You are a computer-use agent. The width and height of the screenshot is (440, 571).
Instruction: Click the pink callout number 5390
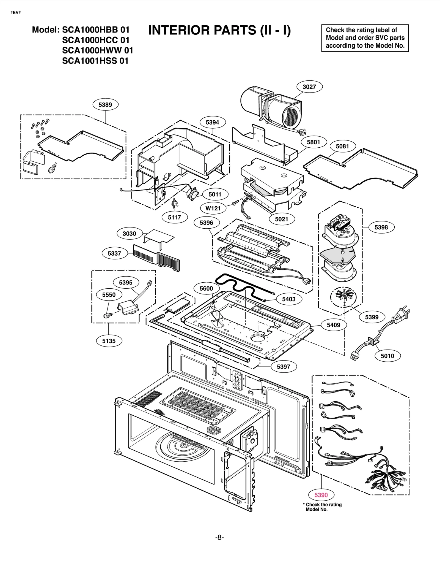(321, 495)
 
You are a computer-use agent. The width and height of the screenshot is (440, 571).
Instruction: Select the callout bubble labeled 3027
(309, 87)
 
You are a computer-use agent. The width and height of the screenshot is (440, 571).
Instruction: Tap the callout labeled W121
(213, 208)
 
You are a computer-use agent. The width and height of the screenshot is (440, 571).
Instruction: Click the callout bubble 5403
(289, 299)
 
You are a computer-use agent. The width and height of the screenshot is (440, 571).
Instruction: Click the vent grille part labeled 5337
(156, 256)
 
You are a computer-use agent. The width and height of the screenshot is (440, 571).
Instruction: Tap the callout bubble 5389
(105, 105)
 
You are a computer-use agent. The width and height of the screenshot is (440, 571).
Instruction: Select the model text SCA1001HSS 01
(95, 61)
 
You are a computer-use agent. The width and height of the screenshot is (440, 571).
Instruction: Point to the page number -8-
(219, 537)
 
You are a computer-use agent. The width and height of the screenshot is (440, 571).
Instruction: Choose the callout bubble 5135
(109, 341)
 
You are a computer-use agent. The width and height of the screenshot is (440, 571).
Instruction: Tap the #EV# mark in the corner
(16, 13)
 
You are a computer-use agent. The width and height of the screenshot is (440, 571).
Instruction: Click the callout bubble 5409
(333, 325)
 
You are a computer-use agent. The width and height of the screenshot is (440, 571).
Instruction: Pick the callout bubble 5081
(342, 146)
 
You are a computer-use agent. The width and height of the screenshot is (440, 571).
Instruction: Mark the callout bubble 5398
(381, 227)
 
